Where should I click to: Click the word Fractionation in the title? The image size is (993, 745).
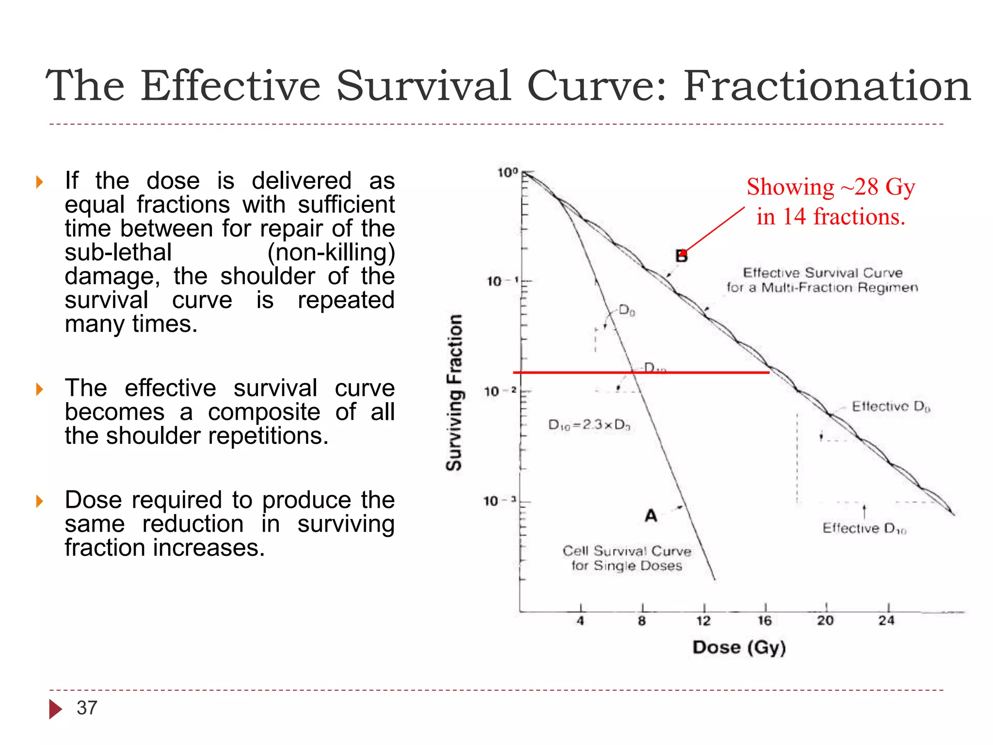point(827,86)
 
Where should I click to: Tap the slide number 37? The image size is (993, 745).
point(87,708)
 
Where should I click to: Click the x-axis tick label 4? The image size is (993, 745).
point(580,621)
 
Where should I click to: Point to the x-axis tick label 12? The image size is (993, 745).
point(703,621)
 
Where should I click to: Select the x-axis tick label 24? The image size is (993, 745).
point(886,621)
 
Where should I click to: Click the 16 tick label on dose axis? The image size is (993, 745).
point(765,621)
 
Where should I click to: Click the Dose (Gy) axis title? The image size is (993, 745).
point(739,648)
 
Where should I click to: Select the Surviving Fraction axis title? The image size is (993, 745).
point(454,392)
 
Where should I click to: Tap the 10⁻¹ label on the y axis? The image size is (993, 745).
point(502,281)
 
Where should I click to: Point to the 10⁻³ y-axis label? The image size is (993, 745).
point(500,501)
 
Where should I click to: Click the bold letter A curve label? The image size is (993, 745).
point(651,516)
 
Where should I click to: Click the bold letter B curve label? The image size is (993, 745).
point(681,257)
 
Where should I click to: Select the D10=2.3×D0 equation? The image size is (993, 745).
point(589,425)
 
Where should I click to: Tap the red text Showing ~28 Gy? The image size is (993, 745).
point(831,187)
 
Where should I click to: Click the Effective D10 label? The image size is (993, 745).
point(864,528)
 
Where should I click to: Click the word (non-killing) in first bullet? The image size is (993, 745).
point(331,252)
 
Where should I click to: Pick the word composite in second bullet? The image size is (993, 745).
point(264,412)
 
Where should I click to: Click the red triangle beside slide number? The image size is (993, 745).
point(55,709)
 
